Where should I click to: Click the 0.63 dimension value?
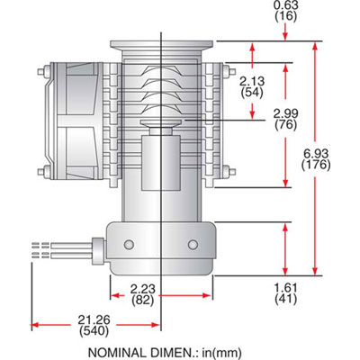coord(284,4)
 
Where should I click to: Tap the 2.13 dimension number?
coord(254,82)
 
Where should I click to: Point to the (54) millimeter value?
coord(254,94)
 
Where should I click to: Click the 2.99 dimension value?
coord(285,112)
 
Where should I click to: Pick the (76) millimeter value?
coord(285,124)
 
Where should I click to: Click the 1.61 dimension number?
coord(285,288)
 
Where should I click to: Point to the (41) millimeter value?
coord(285,300)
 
